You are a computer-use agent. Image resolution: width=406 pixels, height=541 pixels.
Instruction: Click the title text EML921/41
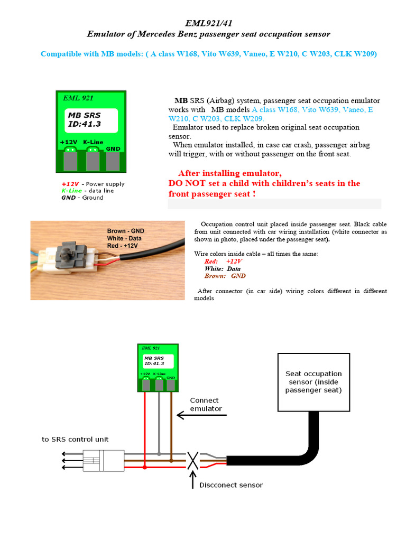(208, 23)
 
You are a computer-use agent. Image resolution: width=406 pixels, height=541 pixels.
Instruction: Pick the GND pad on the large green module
(113, 160)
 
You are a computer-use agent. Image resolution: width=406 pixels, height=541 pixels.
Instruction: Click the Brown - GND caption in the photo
(125, 231)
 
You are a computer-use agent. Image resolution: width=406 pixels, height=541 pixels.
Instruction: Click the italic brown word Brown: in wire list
(215, 276)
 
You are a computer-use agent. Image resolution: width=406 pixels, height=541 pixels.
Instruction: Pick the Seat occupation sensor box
(313, 382)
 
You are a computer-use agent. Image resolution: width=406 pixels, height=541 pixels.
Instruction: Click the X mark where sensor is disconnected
(193, 460)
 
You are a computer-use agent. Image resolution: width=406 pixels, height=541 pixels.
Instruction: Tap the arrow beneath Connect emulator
(201, 415)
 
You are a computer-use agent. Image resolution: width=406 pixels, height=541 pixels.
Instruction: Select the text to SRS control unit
(76, 439)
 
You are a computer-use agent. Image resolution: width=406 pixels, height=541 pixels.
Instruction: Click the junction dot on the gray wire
(159, 453)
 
